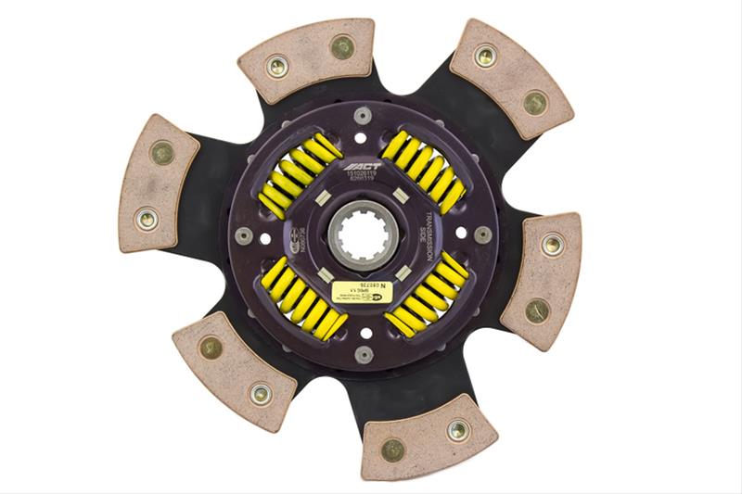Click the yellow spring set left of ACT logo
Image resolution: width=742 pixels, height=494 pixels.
(300, 174)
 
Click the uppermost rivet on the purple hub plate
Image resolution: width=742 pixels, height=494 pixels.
(362, 115)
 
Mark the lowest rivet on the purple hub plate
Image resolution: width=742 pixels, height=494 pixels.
(363, 354)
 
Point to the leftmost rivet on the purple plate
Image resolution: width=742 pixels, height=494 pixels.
(244, 235)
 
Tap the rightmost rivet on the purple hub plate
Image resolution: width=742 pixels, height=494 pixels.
(482, 234)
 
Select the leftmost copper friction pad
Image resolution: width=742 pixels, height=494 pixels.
(159, 184)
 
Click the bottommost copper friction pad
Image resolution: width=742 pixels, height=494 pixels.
(429, 435)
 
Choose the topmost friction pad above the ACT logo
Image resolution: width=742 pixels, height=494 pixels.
(306, 57)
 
